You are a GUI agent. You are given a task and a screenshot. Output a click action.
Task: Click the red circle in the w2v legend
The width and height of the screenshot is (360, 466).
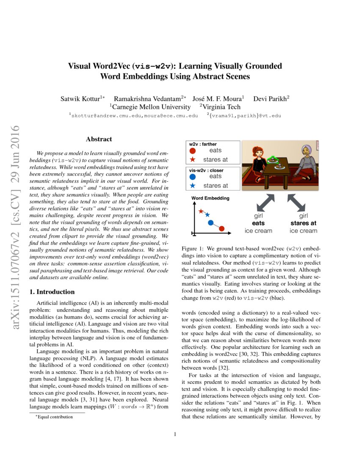click(193, 150)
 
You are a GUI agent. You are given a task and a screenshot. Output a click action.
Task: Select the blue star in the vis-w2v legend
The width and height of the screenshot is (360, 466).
click(193, 186)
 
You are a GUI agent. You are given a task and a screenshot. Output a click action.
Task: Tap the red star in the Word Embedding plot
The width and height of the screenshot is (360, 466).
click(201, 211)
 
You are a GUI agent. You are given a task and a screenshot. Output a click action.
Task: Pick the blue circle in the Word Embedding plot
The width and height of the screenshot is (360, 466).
click(210, 222)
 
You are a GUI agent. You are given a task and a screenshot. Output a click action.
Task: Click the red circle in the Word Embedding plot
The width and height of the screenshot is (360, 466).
click(222, 229)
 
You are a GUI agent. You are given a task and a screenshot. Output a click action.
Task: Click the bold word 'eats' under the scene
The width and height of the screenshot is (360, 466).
click(258, 223)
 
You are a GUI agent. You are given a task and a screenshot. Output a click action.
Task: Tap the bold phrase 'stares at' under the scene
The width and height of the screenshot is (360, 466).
click(303, 223)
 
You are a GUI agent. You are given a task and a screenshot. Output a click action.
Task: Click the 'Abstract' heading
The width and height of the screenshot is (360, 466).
click(99, 139)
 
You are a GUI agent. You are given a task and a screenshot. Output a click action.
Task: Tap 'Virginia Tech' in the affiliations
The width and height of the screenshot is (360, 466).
click(222, 107)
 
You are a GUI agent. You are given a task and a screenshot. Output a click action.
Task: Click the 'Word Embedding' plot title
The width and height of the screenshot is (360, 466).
click(210, 198)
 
